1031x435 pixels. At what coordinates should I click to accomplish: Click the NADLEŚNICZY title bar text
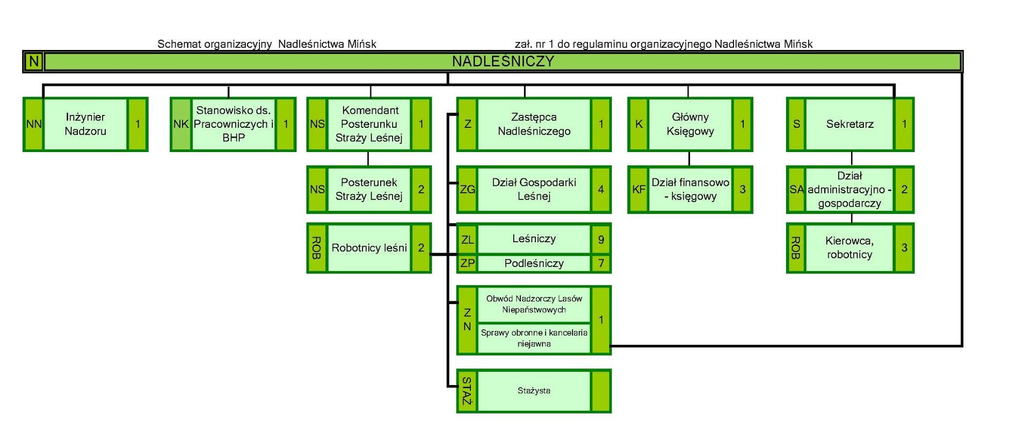coord(503,61)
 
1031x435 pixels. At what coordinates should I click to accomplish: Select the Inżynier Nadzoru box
coord(85,124)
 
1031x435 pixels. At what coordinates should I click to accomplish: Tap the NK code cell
coord(181,124)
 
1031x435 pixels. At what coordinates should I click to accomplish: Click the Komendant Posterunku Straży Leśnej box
coord(369,124)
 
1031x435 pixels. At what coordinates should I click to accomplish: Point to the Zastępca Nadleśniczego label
coord(534,124)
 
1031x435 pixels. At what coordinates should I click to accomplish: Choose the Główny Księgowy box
coord(690,124)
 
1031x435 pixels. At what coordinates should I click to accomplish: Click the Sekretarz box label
coord(850,124)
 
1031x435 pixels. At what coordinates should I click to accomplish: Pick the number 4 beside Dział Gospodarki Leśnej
coord(601,189)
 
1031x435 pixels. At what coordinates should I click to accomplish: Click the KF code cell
coord(638,189)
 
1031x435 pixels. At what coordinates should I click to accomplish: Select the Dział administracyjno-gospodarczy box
coord(850,190)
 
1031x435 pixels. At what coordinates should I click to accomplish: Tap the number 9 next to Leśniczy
coord(601,239)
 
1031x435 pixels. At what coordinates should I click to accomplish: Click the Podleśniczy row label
coord(534,263)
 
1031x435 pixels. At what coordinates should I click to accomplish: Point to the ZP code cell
coord(467,263)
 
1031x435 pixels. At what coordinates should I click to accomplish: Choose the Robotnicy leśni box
coord(369,248)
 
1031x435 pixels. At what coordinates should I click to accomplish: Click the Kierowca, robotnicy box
coord(850,248)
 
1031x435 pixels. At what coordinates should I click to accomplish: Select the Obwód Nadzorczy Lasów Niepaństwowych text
coord(534,304)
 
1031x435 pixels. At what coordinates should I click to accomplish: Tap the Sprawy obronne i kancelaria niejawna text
coord(534,338)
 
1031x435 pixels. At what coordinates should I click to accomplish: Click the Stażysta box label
coord(534,390)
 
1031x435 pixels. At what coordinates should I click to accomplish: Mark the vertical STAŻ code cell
coord(467,390)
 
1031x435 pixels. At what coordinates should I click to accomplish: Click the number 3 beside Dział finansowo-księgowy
coord(743,189)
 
